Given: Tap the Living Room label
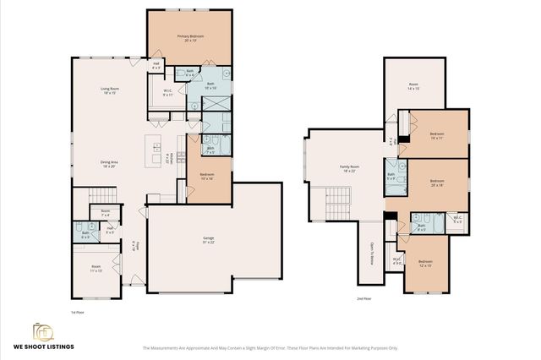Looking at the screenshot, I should pyautogui.click(x=109, y=90).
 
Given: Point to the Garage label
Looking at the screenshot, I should pyautogui.click(x=208, y=241).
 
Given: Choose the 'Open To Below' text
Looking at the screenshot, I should pyautogui.click(x=371, y=253).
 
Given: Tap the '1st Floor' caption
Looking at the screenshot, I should pyautogui.click(x=79, y=312).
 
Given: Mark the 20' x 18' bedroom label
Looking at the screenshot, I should pyautogui.click(x=437, y=183).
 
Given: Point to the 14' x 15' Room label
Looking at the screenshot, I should pyautogui.click(x=413, y=86).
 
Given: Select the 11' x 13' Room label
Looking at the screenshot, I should pyautogui.click(x=97, y=269).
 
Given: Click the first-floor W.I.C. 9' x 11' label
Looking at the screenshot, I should pyautogui.click(x=167, y=93).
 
